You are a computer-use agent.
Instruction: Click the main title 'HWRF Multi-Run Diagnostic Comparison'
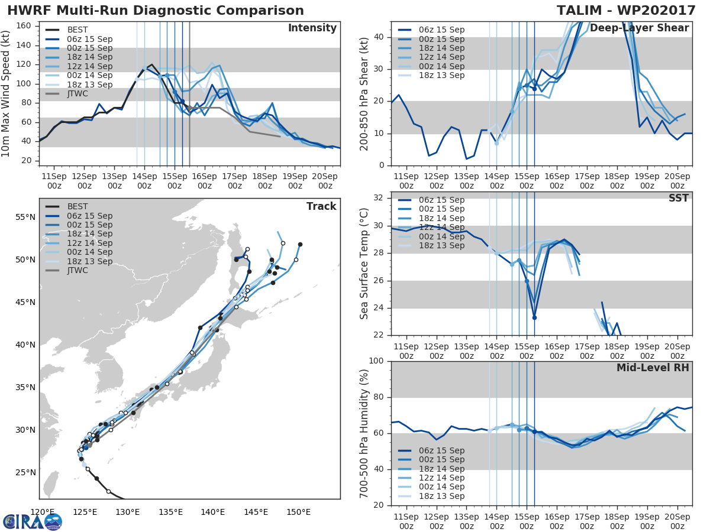[155, 11]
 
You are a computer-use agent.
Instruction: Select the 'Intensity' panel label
[312, 28]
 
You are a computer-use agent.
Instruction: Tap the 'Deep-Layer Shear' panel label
[639, 28]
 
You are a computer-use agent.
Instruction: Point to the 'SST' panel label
[678, 198]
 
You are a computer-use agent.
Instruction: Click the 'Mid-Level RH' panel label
[653, 368]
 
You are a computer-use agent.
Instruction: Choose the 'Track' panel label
[321, 206]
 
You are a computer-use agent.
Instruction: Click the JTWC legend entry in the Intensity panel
[79, 93]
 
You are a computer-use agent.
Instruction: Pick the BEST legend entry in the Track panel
[78, 206]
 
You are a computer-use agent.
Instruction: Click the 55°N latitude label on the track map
[25, 217]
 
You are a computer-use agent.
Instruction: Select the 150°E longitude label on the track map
[298, 512]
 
